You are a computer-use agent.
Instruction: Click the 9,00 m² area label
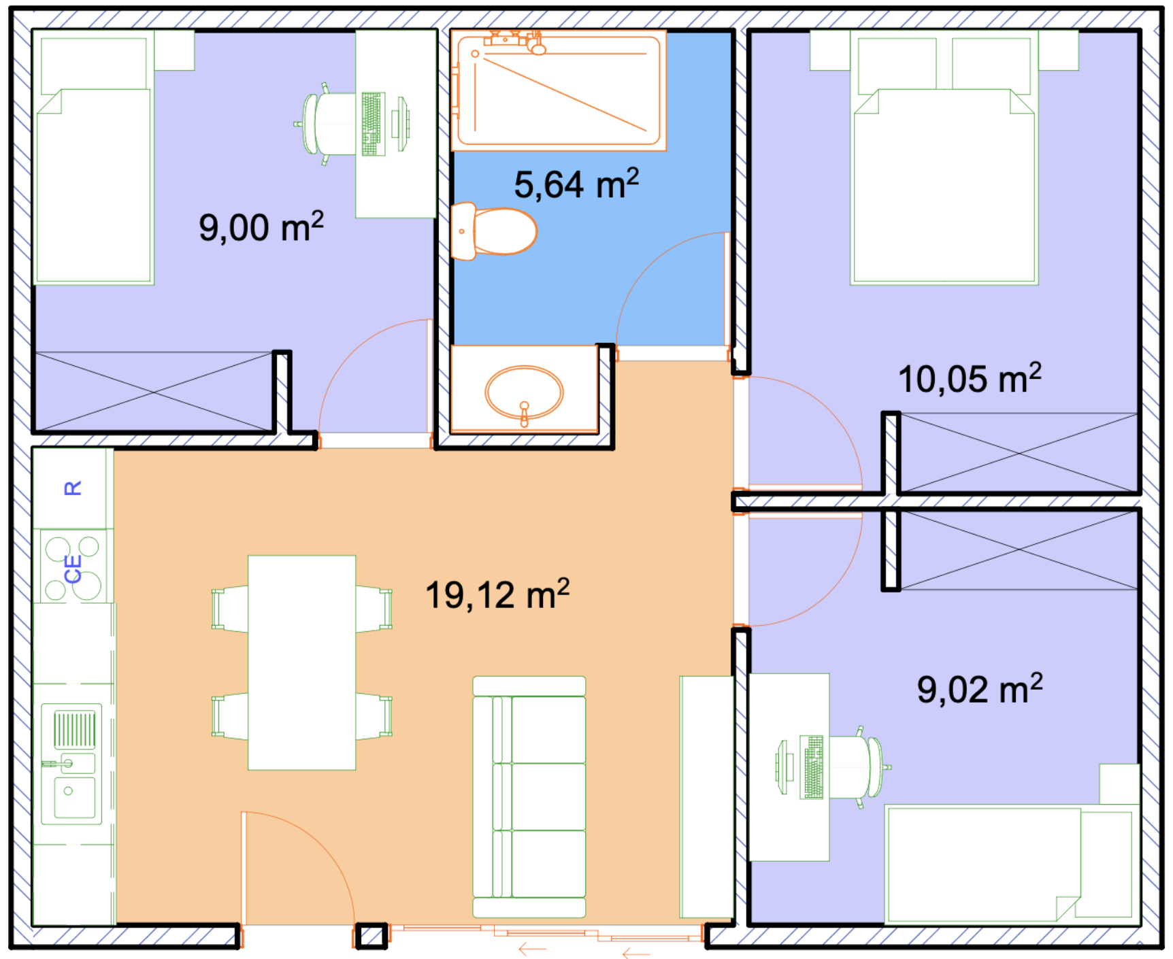[x=261, y=226]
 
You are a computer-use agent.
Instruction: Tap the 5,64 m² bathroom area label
[x=576, y=184]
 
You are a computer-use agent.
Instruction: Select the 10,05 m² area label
[x=970, y=378]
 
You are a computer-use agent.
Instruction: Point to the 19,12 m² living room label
[x=497, y=594]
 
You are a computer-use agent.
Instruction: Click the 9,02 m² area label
[x=980, y=689]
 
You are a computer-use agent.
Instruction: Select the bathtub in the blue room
[x=559, y=90]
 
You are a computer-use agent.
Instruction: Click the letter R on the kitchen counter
[x=73, y=488]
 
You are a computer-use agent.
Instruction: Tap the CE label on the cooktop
[x=73, y=569]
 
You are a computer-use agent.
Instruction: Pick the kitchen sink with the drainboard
[x=71, y=764]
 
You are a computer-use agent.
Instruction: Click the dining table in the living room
[x=301, y=662]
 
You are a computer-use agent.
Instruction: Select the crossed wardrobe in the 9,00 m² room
[x=154, y=392]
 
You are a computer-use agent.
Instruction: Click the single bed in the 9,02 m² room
[x=1012, y=864]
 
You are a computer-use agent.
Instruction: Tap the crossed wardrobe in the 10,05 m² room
[x=1019, y=452]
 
